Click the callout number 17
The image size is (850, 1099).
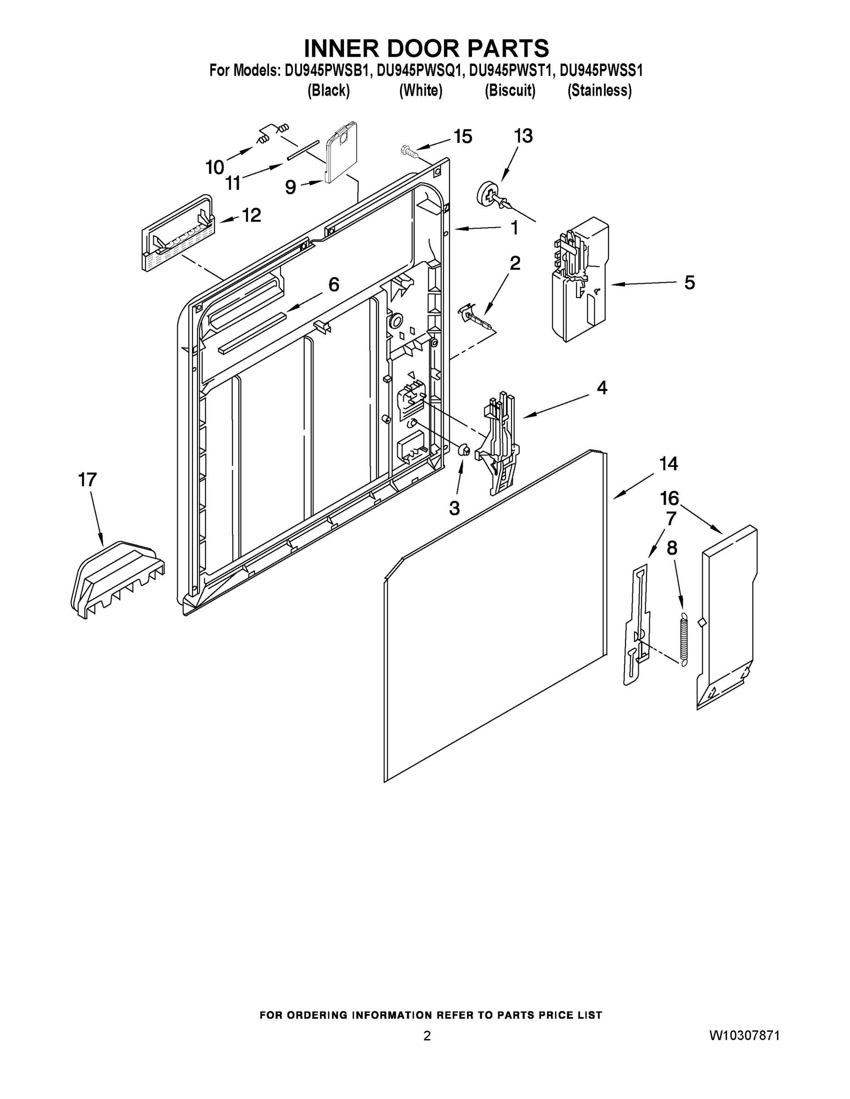pyautogui.click(x=87, y=479)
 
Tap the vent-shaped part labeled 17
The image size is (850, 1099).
pyautogui.click(x=117, y=578)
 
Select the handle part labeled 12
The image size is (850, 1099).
pyautogui.click(x=177, y=234)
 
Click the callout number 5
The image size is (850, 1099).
pyautogui.click(x=689, y=283)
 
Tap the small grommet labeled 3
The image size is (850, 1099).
pyautogui.click(x=464, y=450)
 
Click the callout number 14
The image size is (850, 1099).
pyautogui.click(x=668, y=463)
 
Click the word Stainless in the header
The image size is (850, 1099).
pyautogui.click(x=599, y=91)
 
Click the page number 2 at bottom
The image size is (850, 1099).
pyautogui.click(x=427, y=1036)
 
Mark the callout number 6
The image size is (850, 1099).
pyautogui.click(x=333, y=284)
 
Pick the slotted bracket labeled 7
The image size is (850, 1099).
pyautogui.click(x=636, y=624)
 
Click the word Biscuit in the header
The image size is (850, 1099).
pyautogui.click(x=510, y=91)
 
